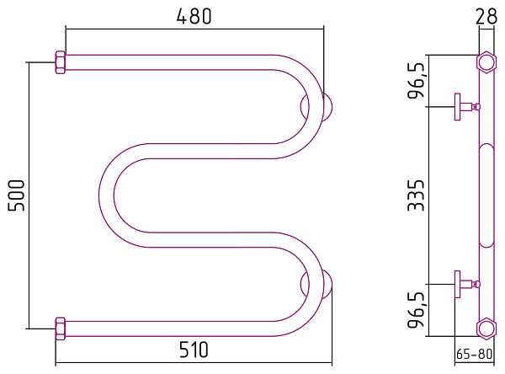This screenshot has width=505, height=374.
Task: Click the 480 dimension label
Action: [194, 16]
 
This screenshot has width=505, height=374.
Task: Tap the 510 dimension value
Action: [194, 350]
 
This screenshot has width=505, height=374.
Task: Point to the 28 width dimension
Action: [486, 16]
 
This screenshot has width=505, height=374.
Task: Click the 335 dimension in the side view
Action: [416, 195]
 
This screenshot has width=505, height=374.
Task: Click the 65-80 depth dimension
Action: [475, 354]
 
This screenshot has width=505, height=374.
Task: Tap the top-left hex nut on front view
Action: [61, 62]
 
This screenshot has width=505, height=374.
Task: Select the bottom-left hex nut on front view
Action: [61, 329]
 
